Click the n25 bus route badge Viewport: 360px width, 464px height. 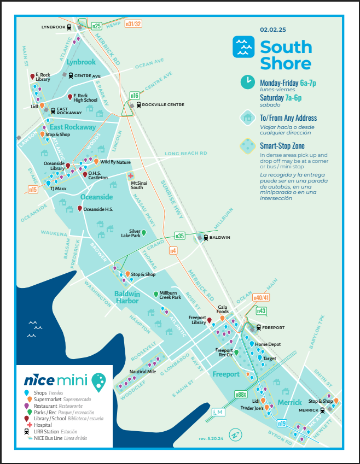tap(97, 25)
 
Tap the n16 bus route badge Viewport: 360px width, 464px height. tap(134, 95)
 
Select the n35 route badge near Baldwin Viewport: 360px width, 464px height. tap(179, 236)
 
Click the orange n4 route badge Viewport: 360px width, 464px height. tap(173, 251)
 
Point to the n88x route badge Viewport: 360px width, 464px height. tap(241, 394)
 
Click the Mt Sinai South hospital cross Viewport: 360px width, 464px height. tap(131, 176)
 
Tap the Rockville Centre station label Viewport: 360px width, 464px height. tap(162, 104)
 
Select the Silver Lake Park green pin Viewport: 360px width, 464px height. tap(144, 233)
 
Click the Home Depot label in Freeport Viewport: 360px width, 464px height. tap(268, 344)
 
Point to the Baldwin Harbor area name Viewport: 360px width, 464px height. tap(127, 297)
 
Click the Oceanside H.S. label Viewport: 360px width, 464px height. tap(98, 209)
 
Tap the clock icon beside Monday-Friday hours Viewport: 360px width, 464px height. tap(248, 82)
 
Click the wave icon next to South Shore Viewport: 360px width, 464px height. tap(243, 47)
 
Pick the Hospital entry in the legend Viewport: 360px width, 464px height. tap(43, 425)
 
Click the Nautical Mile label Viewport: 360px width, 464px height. tap(143, 372)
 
